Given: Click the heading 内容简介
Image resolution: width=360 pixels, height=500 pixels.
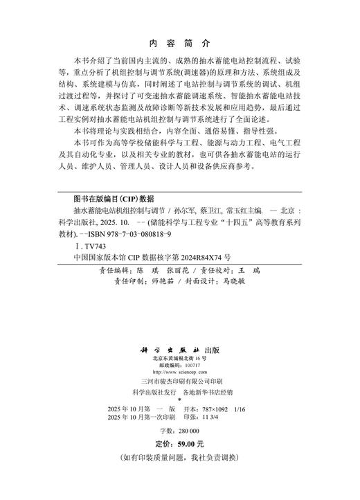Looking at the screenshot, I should point(179,41).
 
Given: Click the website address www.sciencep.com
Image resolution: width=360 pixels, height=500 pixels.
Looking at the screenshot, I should point(181,373).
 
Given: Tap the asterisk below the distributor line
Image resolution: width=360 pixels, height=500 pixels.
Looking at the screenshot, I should point(179,400).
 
